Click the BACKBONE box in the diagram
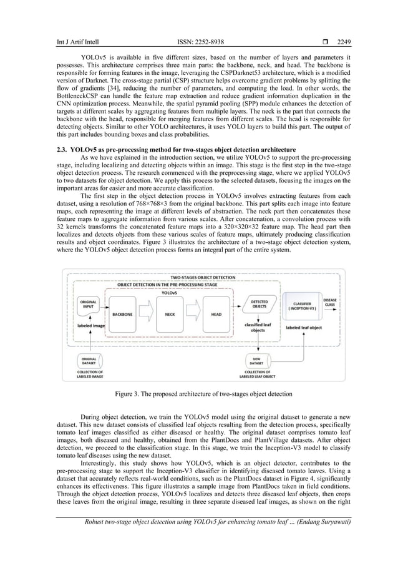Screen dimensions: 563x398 (x=122, y=314)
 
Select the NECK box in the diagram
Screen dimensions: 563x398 (x=169, y=314)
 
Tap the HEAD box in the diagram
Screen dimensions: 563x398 (x=216, y=314)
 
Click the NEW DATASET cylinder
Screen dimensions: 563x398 (x=256, y=360)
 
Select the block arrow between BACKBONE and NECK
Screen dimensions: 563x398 (x=145, y=313)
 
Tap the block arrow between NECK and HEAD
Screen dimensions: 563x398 (x=193, y=313)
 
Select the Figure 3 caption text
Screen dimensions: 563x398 (x=200, y=394)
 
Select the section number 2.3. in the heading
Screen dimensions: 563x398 (x=62, y=150)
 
